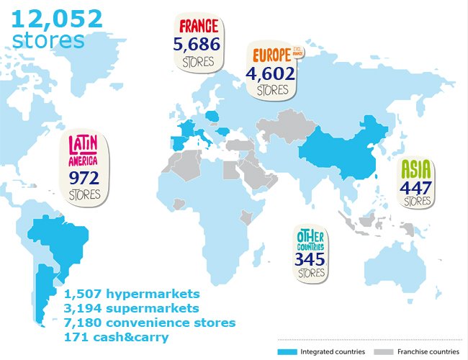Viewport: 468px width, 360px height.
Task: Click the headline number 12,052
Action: tap(57, 18)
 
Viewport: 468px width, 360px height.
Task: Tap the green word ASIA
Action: tap(416, 170)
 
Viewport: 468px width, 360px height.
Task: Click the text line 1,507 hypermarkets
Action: tap(131, 294)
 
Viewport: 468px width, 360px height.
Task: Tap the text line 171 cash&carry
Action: tap(117, 336)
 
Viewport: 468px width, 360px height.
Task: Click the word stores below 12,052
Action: tap(48, 40)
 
